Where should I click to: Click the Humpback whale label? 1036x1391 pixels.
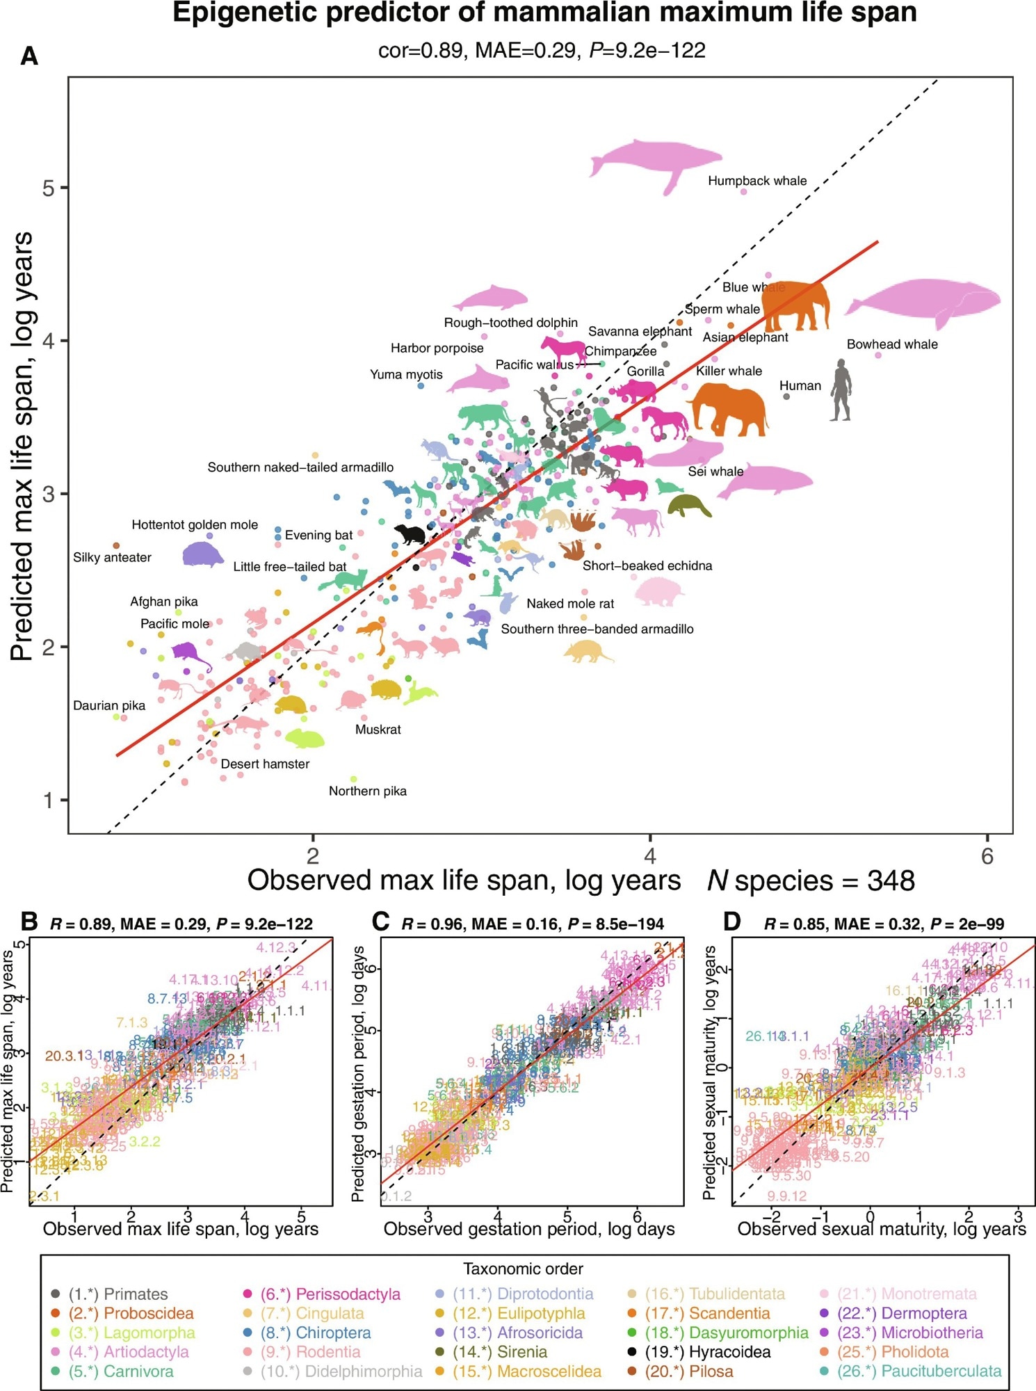[757, 181]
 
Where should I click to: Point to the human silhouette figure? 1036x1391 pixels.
[841, 390]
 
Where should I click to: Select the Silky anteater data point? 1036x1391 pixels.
[116, 546]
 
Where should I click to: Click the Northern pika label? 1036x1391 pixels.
[368, 791]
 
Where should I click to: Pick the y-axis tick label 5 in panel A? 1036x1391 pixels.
[48, 188]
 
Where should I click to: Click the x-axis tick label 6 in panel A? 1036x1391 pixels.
[987, 857]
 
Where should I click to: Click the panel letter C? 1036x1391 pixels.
[380, 922]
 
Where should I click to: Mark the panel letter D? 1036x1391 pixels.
[732, 922]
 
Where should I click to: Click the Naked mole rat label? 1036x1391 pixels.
[570, 604]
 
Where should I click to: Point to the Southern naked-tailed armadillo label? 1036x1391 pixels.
[300, 467]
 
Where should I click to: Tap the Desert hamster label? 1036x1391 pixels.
[265, 764]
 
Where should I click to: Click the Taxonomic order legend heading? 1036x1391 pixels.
[523, 1269]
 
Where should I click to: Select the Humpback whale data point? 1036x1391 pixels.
[743, 191]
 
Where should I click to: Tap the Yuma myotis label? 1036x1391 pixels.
[406, 375]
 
